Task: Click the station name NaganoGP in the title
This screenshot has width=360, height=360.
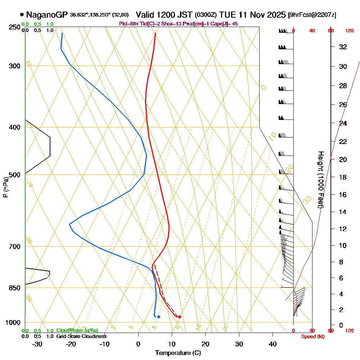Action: click(x=47, y=15)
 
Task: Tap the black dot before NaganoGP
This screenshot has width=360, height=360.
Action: click(x=22, y=15)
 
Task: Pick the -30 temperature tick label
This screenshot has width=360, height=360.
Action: click(x=37, y=344)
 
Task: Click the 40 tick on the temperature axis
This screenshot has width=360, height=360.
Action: click(x=273, y=344)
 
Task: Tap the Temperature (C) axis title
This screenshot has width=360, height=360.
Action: click(x=178, y=353)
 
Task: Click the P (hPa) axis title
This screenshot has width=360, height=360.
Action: click(x=5, y=187)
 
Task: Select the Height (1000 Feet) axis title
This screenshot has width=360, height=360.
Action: click(x=320, y=180)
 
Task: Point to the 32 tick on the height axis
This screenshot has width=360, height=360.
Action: click(x=343, y=47)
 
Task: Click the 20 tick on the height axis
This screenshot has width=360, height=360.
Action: click(x=343, y=159)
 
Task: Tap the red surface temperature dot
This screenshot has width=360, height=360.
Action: click(x=180, y=317)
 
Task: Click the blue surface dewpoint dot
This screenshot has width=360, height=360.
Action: click(x=158, y=317)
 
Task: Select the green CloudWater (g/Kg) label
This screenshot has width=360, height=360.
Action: click(x=77, y=330)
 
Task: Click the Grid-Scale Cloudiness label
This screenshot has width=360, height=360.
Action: click(x=81, y=336)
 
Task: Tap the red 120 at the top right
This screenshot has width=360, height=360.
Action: click(x=349, y=31)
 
